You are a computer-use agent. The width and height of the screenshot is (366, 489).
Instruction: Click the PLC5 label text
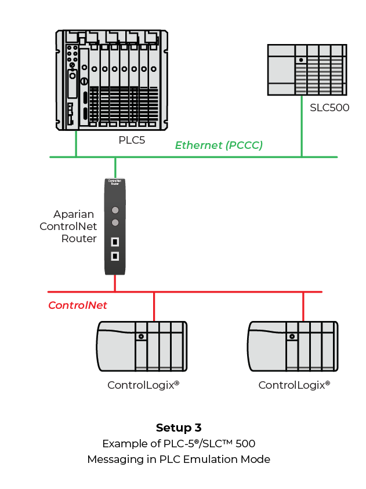131,140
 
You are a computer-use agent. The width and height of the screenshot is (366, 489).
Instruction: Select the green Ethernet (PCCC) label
219,145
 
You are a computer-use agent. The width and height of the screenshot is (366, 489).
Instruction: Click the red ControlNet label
78,305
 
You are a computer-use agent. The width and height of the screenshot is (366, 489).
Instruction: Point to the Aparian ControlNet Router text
68,227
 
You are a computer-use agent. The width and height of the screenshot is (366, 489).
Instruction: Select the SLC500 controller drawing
306,70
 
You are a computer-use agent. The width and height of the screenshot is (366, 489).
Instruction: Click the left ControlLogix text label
143,385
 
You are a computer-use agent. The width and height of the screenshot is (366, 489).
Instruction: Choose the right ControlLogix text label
294,385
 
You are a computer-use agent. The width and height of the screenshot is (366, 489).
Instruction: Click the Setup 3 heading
179,428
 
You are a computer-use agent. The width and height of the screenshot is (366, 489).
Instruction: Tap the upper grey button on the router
115,210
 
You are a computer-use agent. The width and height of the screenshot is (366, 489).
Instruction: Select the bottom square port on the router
115,256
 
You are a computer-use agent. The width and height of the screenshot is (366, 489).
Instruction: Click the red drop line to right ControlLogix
303,306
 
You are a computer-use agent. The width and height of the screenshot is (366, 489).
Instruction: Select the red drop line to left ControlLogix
154,306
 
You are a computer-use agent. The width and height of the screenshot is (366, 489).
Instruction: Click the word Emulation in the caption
212,459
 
